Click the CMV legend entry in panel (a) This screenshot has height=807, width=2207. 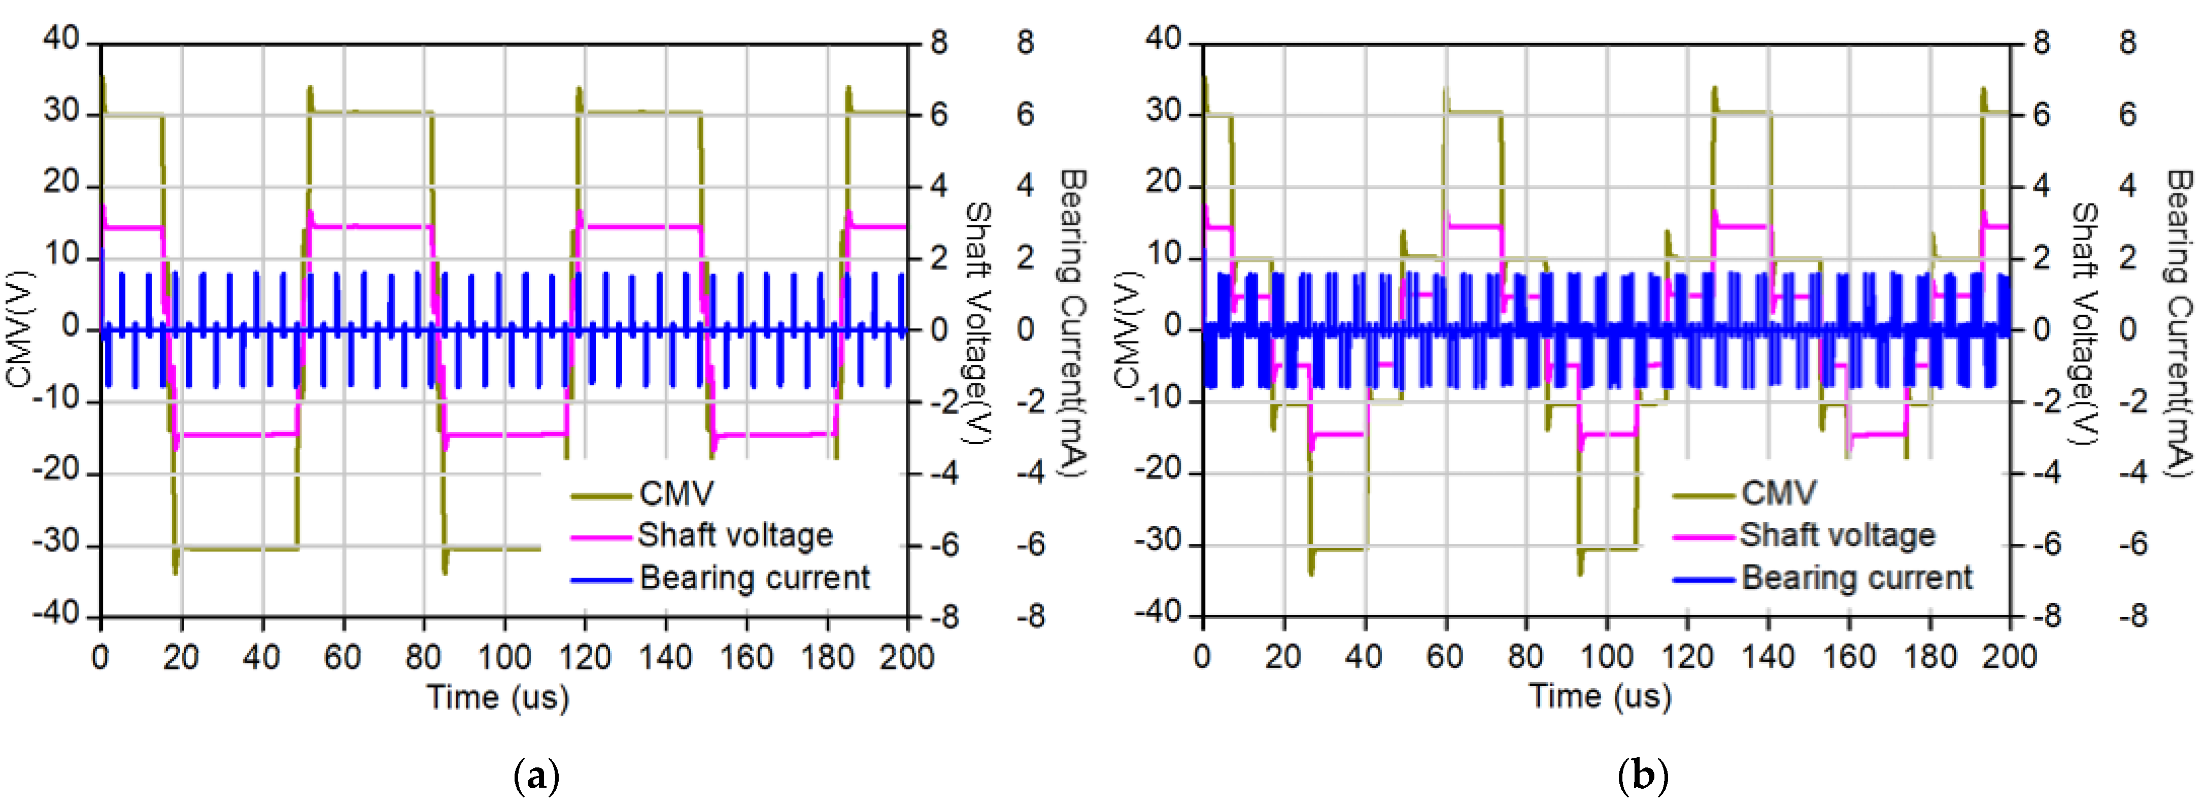676,493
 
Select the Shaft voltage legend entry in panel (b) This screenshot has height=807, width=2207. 1837,535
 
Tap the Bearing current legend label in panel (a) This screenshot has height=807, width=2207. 754,578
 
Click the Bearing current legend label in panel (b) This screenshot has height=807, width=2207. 1856,578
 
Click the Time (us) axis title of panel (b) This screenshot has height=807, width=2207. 1600,696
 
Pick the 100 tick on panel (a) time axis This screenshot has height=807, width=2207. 504,657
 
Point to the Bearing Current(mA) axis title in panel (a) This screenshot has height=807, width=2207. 1073,324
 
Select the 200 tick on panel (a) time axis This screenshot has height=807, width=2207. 906,657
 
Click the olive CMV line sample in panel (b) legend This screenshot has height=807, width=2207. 1704,495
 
